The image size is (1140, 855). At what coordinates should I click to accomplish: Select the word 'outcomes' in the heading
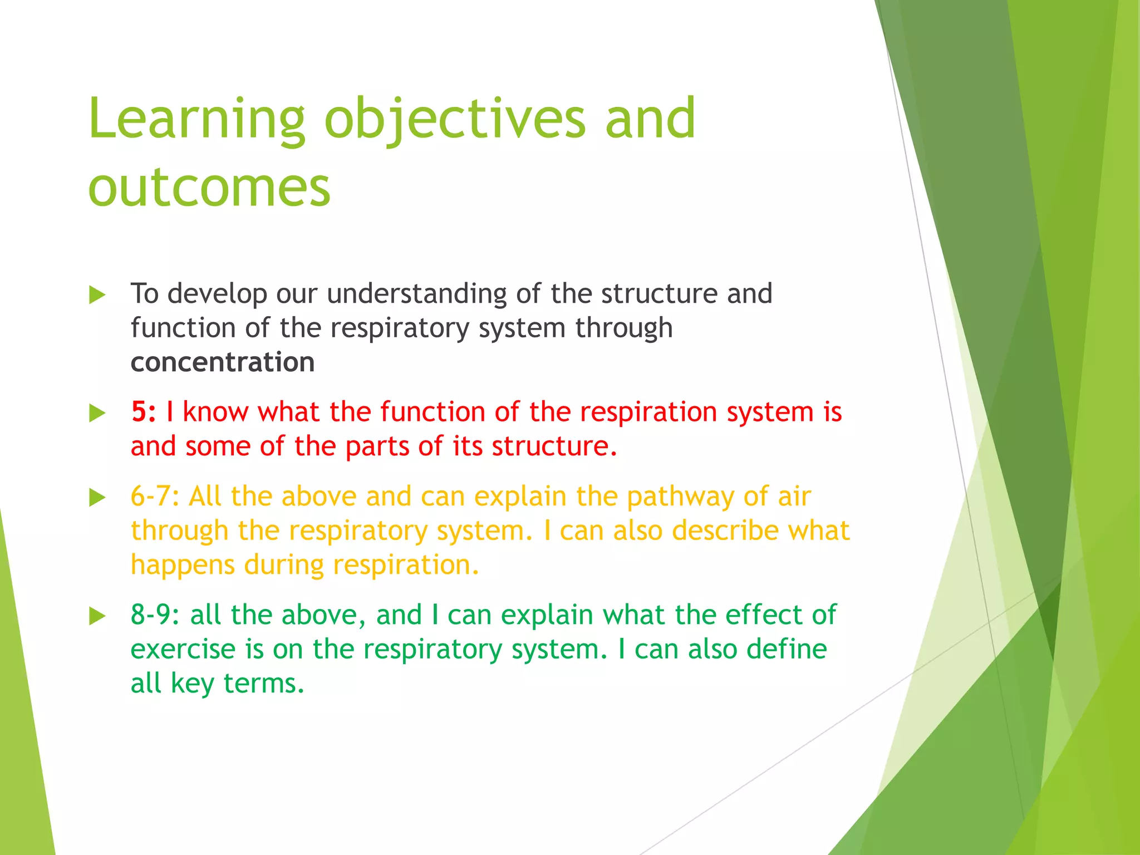tap(209, 188)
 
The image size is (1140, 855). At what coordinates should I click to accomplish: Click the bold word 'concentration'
tap(223, 362)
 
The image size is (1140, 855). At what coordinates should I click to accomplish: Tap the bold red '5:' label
tap(143, 412)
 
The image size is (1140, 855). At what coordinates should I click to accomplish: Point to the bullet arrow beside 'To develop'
tap(97, 295)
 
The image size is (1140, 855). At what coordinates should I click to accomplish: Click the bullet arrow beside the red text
tap(97, 414)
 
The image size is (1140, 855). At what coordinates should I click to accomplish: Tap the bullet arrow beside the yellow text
tap(97, 498)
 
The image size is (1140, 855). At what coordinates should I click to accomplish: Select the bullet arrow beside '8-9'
tap(97, 616)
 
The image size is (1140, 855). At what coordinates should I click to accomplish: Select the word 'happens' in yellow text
tap(183, 566)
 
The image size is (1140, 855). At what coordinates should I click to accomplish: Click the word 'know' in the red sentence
tap(215, 412)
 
